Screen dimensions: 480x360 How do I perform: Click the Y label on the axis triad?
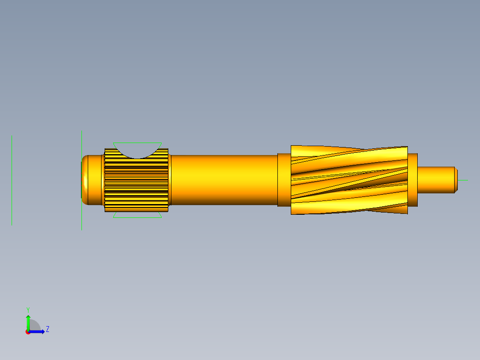(28, 310)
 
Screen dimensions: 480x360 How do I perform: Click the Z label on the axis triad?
(48, 329)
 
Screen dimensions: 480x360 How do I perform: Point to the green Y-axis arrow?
(28, 323)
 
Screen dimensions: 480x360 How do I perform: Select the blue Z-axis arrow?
(37, 332)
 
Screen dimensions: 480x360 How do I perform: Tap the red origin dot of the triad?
(28, 332)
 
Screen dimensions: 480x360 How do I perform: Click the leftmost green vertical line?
(12, 180)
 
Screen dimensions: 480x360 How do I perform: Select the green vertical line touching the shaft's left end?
(81, 180)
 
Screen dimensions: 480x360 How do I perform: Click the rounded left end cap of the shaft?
(85, 180)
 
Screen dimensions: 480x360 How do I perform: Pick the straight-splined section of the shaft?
(136, 184)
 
